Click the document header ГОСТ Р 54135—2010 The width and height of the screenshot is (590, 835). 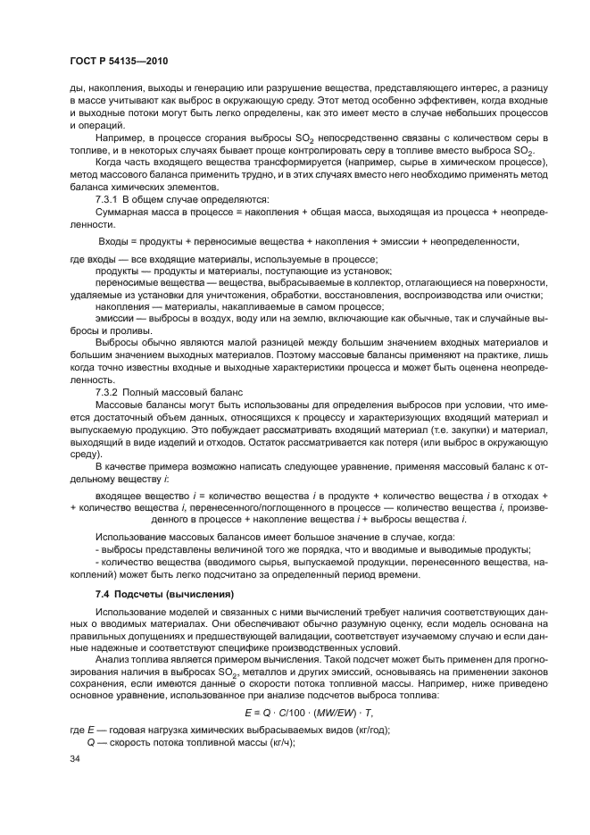[119, 61]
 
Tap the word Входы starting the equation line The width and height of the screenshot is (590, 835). [114, 240]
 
